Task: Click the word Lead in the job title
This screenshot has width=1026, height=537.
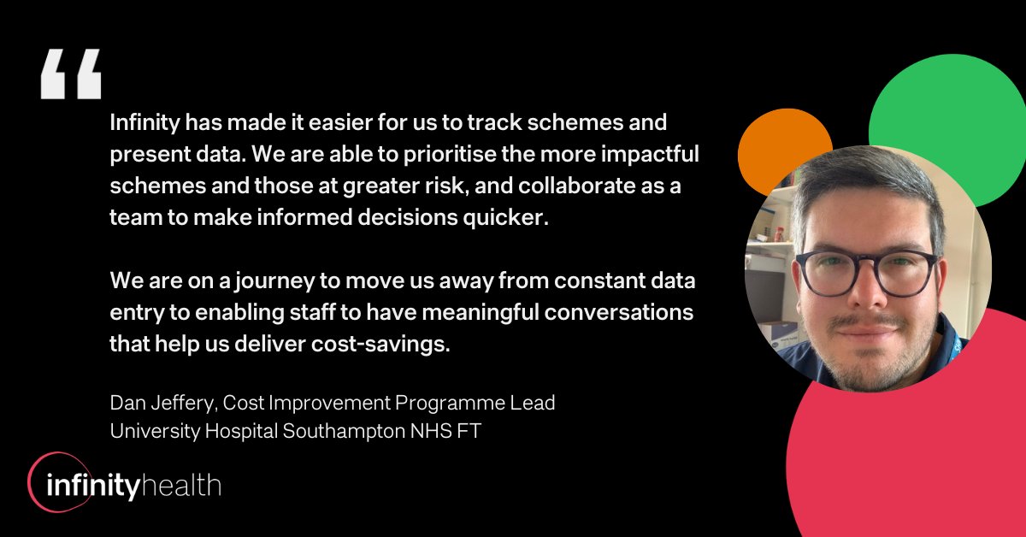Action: pyautogui.click(x=536, y=402)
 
